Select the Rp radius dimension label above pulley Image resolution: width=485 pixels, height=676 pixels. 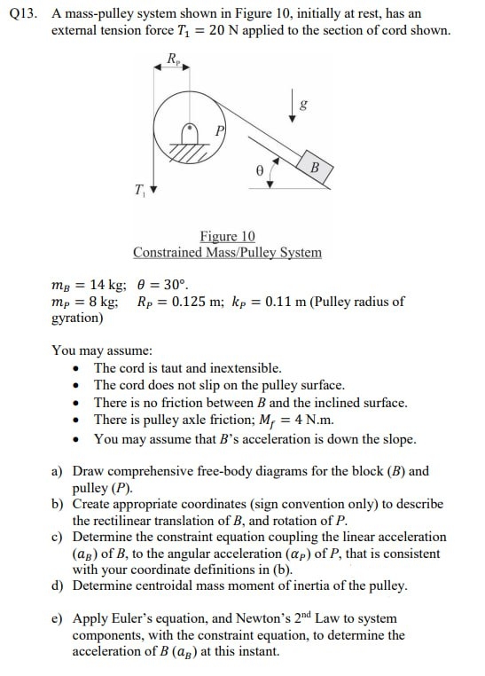pos(174,59)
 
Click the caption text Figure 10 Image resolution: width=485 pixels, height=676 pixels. pos(227,236)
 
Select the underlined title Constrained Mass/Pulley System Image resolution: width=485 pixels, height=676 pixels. pos(227,252)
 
